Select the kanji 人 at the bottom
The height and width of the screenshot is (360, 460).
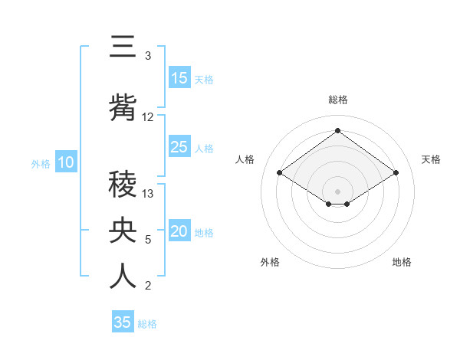coord(122,277)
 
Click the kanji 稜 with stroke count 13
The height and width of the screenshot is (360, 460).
coord(122,184)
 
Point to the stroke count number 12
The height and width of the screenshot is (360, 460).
coord(148,117)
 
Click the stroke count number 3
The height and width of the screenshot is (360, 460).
coord(148,56)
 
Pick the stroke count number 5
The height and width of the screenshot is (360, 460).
coord(148,240)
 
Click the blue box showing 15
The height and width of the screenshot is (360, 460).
coord(179,78)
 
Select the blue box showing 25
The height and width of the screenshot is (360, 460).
coord(179,147)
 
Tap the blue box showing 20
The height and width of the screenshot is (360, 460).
coord(179,232)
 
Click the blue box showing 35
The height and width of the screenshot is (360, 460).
coord(123,322)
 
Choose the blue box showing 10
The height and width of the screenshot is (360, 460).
coord(65,162)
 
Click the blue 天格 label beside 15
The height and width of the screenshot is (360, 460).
coord(204,80)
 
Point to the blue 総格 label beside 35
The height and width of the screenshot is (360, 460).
coord(147,324)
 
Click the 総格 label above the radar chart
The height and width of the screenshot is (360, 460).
coord(337,100)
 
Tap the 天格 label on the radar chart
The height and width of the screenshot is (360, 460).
coord(431,159)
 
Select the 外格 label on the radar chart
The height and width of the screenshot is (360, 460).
coord(270,262)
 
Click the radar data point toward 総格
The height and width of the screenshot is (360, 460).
coord(337,130)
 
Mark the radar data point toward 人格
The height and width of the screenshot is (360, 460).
coord(280,173)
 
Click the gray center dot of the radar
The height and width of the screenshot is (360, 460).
coord(337,190)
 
